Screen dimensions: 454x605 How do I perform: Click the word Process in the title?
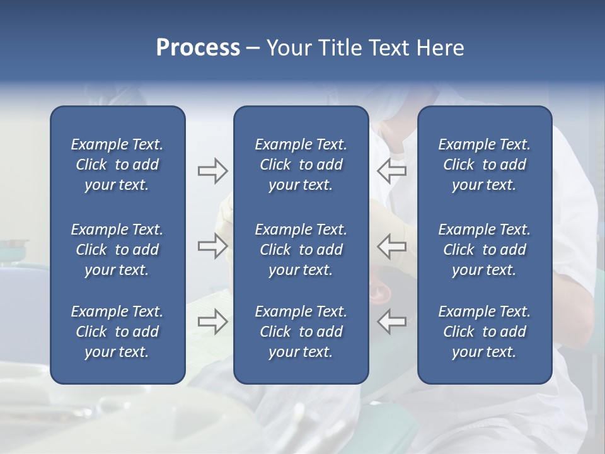[x=198, y=48]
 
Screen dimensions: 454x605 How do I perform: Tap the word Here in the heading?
[x=439, y=48]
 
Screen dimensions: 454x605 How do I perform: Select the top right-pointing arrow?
[x=212, y=171]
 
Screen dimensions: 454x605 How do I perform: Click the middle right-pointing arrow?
[x=212, y=246]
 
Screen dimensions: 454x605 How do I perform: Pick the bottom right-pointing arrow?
[x=212, y=322]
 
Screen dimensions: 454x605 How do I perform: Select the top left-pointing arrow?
[x=391, y=171]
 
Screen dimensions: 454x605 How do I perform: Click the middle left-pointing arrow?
[x=391, y=246]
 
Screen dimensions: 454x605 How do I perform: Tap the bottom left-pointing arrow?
[x=391, y=322]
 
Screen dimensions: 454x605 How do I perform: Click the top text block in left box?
[x=117, y=165]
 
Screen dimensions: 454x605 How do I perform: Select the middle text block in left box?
[x=117, y=250]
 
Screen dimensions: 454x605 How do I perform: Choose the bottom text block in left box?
[x=117, y=332]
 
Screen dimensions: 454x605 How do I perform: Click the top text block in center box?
[x=301, y=165]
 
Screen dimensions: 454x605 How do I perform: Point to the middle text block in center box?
[x=301, y=250]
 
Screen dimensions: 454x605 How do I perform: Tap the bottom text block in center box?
[x=301, y=332]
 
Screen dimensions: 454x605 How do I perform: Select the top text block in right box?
[x=484, y=165]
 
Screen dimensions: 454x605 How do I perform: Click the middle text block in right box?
[x=484, y=250]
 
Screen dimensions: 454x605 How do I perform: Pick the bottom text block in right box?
[x=484, y=332]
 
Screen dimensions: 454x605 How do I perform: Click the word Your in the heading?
[x=287, y=48]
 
